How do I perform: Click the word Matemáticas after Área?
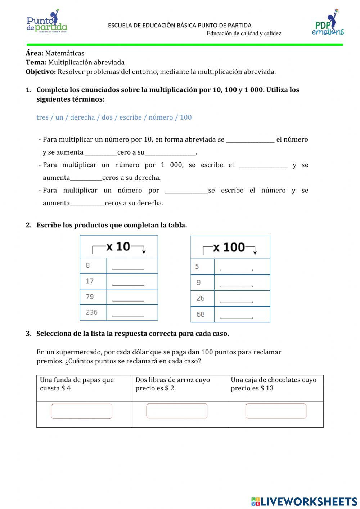[64, 53]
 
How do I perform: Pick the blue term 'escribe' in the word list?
[130, 117]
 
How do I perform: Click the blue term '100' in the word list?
[186, 117]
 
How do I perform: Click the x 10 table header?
[118, 247]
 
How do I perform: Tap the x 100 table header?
[230, 247]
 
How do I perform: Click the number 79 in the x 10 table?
[90, 296]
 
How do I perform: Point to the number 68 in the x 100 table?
[201, 314]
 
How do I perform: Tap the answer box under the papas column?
[82, 411]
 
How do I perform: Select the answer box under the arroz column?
[177, 411]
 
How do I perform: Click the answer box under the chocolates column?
[276, 411]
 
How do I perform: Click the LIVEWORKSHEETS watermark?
[304, 501]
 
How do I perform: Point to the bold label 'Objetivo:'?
[41, 72]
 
